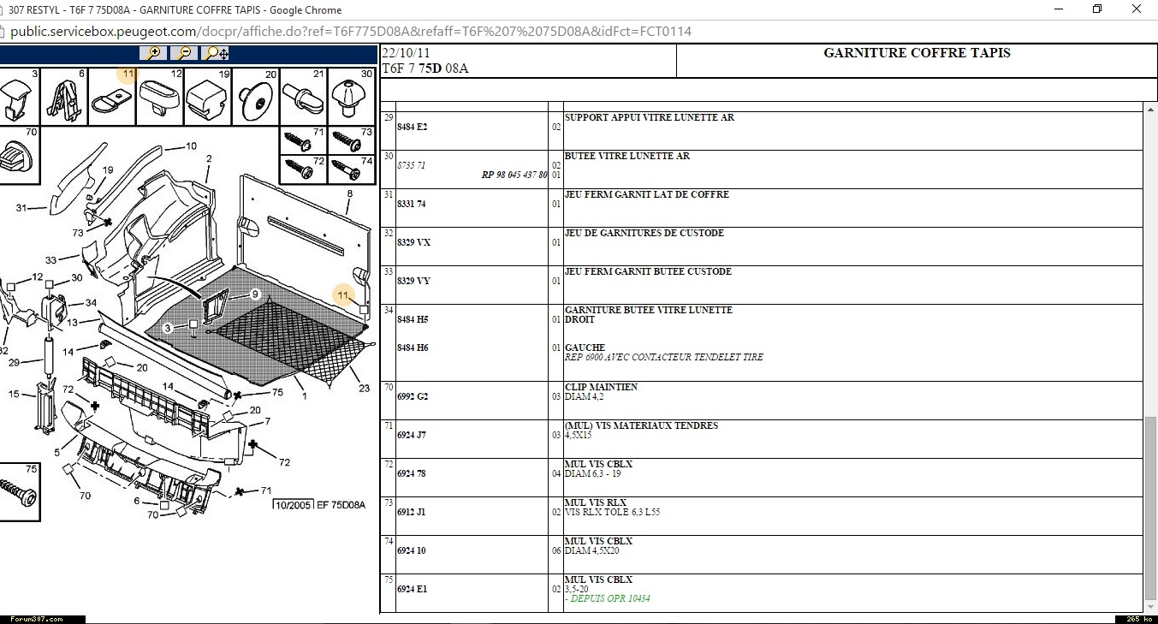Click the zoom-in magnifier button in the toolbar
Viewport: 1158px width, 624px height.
[x=153, y=53]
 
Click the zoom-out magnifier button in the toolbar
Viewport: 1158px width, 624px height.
[x=184, y=53]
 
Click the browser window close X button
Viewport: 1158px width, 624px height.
[x=1137, y=9]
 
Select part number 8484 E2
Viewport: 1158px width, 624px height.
[x=412, y=127]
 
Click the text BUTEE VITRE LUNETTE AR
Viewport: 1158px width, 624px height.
[x=627, y=156]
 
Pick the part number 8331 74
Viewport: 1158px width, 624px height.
[x=411, y=204]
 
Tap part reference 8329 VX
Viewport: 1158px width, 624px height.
[x=413, y=242]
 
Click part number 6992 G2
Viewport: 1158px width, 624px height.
[x=413, y=396]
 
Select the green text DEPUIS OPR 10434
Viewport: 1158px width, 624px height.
[x=610, y=598]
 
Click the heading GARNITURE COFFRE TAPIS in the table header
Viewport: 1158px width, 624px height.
[x=917, y=53]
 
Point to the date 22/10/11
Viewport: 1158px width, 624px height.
[x=406, y=53]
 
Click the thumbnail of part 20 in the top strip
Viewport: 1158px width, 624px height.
[x=255, y=96]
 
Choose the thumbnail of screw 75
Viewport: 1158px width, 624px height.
[x=19, y=491]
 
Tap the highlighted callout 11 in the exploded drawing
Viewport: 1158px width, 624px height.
[x=343, y=295]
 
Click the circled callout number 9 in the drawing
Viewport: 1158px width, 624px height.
[x=255, y=294]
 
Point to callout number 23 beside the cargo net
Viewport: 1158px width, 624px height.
[x=364, y=389]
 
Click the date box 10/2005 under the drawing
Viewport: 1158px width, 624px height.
[x=293, y=505]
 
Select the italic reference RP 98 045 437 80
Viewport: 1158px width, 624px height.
[x=514, y=175]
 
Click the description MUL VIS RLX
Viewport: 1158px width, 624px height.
[x=596, y=502]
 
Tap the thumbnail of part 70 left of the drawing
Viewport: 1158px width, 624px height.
[x=19, y=155]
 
